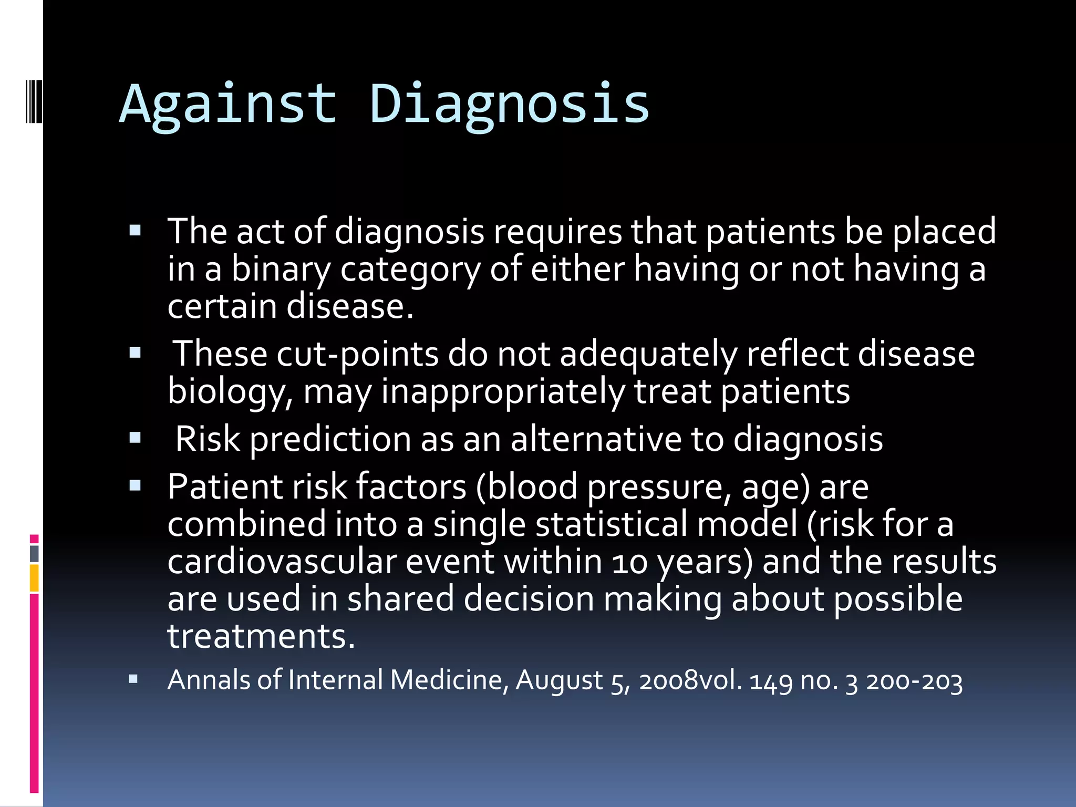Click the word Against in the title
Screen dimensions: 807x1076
click(x=228, y=105)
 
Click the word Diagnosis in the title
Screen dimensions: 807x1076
click(x=509, y=105)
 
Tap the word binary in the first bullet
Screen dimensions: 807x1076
click(x=281, y=269)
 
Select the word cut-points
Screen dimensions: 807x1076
click(x=357, y=354)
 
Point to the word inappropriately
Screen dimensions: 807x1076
click(x=503, y=392)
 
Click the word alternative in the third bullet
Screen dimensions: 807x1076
click(x=596, y=439)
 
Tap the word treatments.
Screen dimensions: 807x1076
click(x=261, y=637)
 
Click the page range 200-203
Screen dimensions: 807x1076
click(x=914, y=681)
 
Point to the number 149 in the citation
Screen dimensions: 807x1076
click(x=771, y=681)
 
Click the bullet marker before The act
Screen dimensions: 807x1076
click(x=135, y=231)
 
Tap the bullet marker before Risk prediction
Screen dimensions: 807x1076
click(x=135, y=438)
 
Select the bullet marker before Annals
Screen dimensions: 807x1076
click(x=133, y=679)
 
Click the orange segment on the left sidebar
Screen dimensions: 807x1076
click(x=34, y=578)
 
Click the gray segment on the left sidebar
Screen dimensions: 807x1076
click(x=34, y=553)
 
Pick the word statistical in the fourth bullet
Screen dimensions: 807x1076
click(x=611, y=524)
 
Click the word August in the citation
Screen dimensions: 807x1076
click(x=559, y=681)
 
